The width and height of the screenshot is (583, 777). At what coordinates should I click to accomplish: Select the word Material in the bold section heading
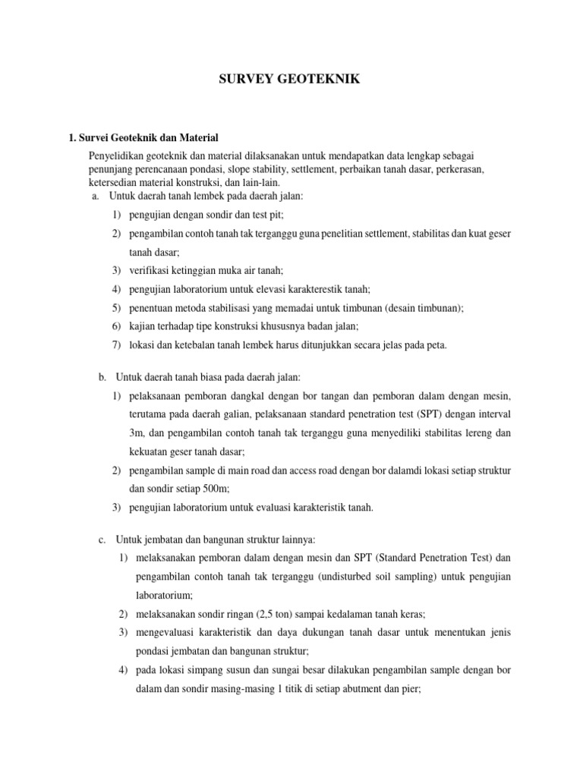click(x=194, y=137)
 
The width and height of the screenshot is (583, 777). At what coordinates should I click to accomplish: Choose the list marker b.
click(x=102, y=377)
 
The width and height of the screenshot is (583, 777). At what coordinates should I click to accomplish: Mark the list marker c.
click(x=102, y=539)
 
